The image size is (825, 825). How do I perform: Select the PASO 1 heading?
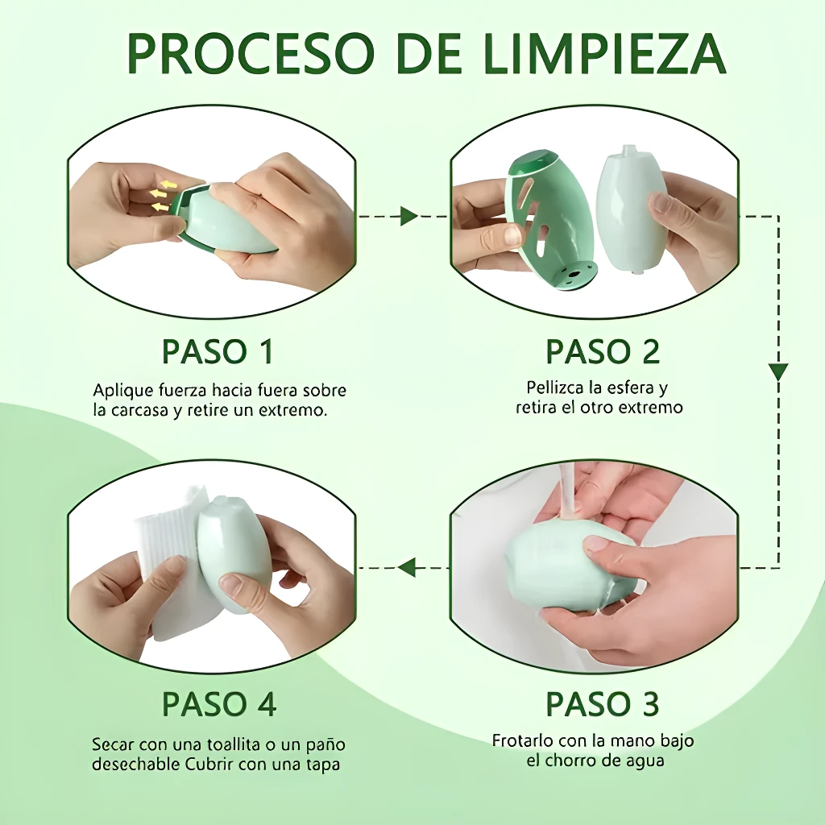click(218, 351)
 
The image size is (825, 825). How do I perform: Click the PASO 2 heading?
click(603, 351)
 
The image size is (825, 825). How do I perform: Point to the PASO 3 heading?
click(602, 703)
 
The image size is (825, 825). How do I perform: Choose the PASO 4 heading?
click(219, 703)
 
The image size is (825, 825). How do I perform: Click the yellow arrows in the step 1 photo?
click(162, 196)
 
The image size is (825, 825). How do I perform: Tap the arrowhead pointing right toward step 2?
click(408, 216)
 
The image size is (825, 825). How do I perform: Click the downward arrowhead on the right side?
click(778, 372)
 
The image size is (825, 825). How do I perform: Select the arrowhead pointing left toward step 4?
click(407, 567)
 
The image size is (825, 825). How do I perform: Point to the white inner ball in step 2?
click(631, 209)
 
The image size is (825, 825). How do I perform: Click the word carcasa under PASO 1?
click(139, 410)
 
